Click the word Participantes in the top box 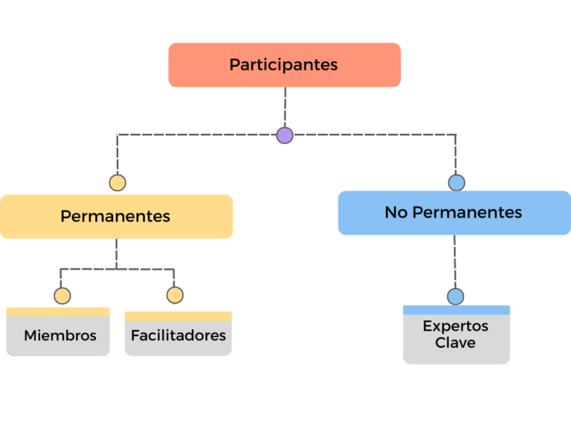point(283,65)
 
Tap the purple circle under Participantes point(285,135)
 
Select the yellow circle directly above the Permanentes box point(117,183)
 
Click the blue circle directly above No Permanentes point(457,183)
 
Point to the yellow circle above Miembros point(62,296)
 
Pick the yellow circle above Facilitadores point(175,295)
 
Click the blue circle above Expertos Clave point(456,296)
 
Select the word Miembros point(60,336)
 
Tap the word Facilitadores point(178,336)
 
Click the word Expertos point(456,326)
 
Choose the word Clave point(455,343)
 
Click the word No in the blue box point(396,213)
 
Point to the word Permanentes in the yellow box point(115,216)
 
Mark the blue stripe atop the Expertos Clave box point(457,310)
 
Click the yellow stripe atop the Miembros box point(58,312)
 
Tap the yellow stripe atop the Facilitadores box point(178,317)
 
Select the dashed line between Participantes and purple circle point(285,107)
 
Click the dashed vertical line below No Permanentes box point(455,262)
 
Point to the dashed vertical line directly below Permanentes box point(117,254)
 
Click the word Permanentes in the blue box point(467,213)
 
